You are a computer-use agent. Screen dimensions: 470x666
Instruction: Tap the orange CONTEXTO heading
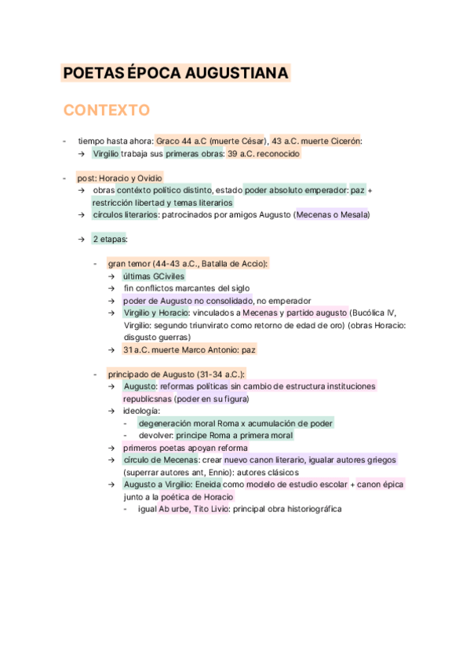click(107, 109)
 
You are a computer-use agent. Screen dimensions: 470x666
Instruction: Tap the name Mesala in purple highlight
click(354, 215)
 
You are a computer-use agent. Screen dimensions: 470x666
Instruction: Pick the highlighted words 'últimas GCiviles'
click(154, 276)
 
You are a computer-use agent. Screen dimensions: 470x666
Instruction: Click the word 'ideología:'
click(141, 411)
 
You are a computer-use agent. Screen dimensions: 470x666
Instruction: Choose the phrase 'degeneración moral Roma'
click(188, 423)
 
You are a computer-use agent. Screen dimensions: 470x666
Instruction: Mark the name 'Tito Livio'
click(208, 509)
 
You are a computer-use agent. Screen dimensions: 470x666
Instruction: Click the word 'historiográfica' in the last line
click(308, 509)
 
